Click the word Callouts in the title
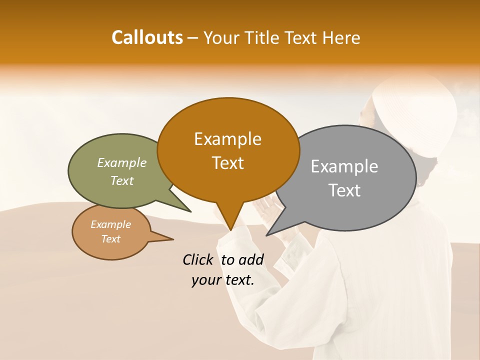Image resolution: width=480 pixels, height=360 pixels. (x=147, y=37)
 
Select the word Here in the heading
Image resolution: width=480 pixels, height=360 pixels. (x=342, y=38)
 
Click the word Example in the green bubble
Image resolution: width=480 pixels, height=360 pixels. (x=122, y=162)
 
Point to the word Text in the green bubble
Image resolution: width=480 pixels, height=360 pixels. (x=122, y=180)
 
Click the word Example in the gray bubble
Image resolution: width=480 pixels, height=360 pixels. (x=344, y=166)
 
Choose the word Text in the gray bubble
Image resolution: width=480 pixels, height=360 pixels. (x=344, y=190)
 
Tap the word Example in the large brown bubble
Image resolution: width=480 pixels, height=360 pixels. (x=227, y=139)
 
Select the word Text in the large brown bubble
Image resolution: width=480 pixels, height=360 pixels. (x=227, y=163)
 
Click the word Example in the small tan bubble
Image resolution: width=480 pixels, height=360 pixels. (x=110, y=224)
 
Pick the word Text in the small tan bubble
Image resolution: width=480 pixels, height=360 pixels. (x=110, y=239)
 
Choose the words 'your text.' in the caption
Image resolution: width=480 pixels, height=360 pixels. (x=223, y=280)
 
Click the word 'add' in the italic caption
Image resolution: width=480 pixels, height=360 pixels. (x=251, y=259)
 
